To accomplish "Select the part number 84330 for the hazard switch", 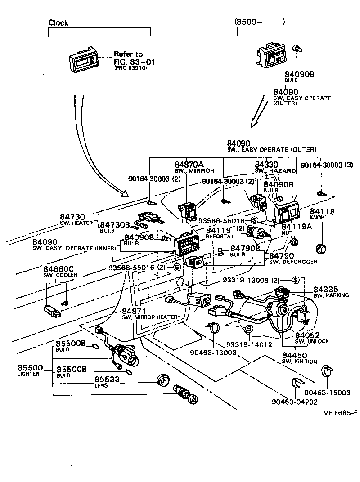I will (x=266, y=165).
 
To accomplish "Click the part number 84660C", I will (x=58, y=269).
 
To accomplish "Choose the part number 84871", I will (x=134, y=311).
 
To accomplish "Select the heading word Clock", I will (x=58, y=23).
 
